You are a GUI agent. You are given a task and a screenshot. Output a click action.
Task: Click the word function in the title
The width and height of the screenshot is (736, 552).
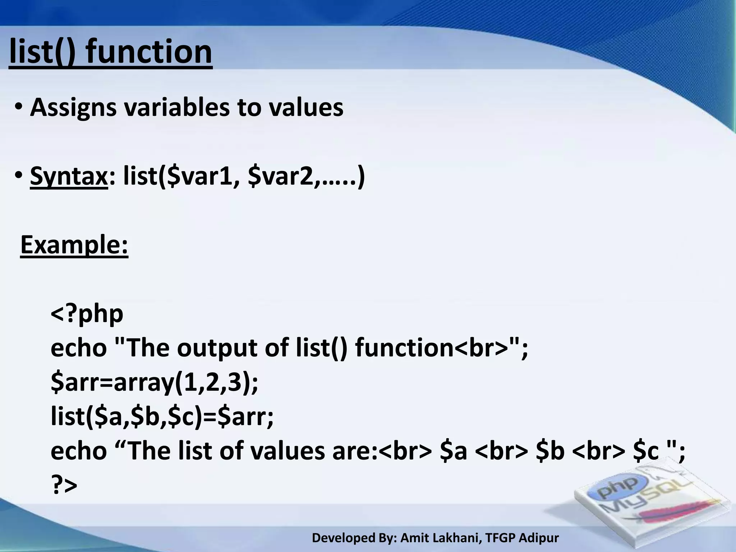coord(149,52)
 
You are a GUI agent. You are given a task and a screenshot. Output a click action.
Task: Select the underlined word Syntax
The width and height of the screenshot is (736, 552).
coord(69,176)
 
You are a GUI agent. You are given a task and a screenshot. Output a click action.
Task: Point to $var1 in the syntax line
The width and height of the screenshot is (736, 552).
coord(199,176)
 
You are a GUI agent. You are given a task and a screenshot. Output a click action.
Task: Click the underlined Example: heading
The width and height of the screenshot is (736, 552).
coord(74,245)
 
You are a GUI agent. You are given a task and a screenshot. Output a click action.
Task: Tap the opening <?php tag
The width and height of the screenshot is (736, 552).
coord(87,313)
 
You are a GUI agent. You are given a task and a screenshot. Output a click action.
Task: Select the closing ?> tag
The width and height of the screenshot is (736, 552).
coord(64,486)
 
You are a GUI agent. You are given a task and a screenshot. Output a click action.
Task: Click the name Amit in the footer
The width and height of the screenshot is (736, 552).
coord(413,538)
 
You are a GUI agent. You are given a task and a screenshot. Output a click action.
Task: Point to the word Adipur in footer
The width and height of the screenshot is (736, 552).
coord(539,538)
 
